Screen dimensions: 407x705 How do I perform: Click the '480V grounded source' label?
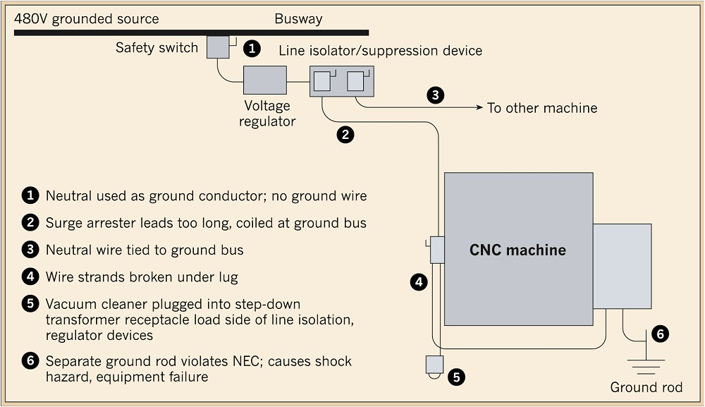coord(87,19)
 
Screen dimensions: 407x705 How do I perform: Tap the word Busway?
coord(298,19)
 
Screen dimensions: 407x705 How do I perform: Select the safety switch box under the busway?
coord(218,47)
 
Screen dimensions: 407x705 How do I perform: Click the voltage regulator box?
coord(264,80)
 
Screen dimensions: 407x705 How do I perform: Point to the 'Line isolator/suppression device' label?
coord(381,50)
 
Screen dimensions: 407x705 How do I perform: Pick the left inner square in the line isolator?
coord(321,81)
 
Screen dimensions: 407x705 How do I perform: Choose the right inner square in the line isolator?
coord(355,81)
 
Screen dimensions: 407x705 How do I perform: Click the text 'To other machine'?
coord(542,108)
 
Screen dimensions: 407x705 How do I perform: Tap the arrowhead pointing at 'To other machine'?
coord(480,108)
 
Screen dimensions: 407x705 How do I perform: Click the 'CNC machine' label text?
coord(517,250)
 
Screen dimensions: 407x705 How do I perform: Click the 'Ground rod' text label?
coord(646,387)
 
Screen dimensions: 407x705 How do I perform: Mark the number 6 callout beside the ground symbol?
coord(660,334)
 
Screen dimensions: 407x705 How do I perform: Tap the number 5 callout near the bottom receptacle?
coord(457,377)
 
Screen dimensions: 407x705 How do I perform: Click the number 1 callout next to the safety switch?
coord(252,48)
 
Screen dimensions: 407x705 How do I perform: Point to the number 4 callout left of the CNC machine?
coord(419,282)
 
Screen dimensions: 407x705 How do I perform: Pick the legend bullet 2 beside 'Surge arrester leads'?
coord(30,222)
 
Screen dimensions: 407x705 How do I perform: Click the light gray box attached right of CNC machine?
coord(622,266)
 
